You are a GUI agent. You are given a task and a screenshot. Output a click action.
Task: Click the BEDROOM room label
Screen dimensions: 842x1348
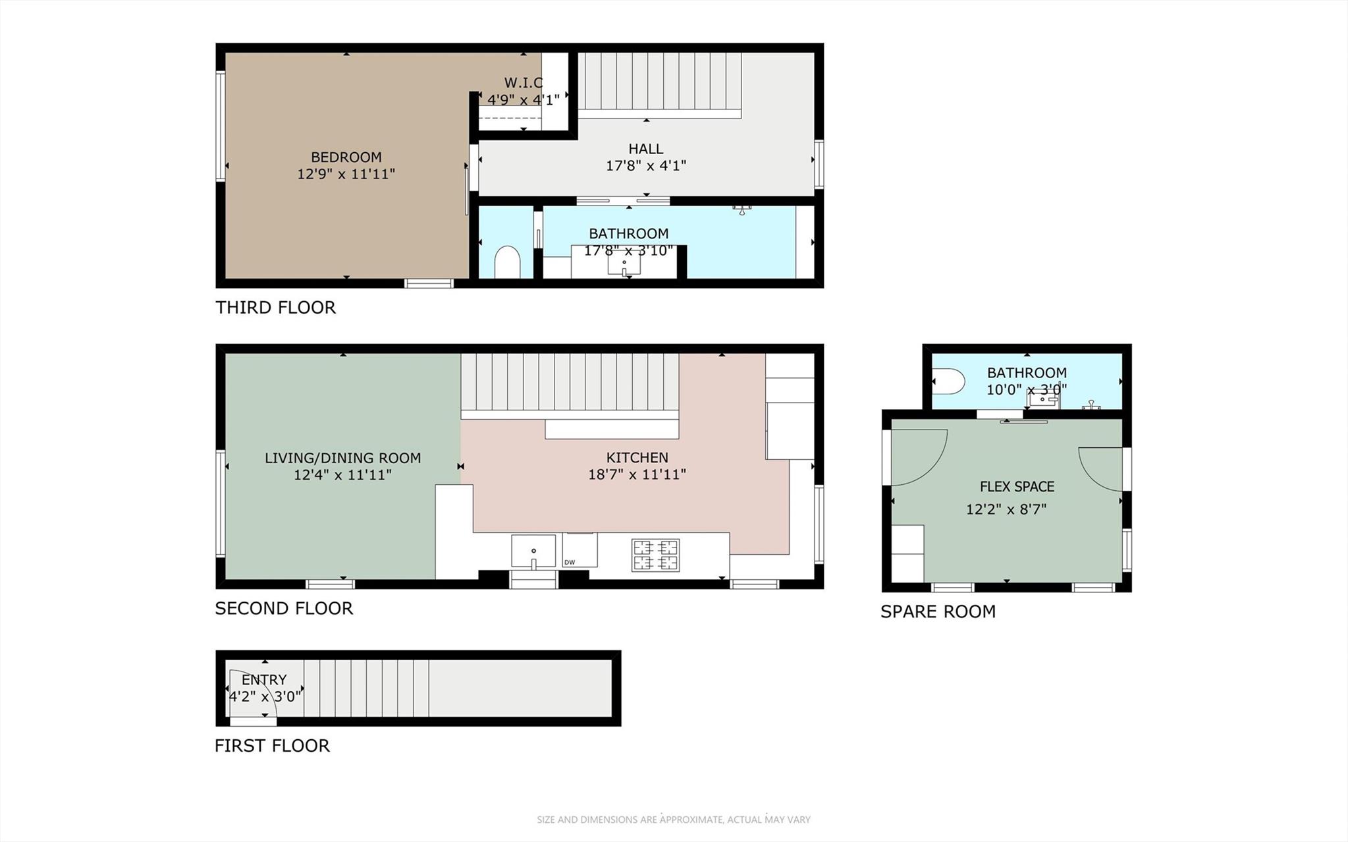pos(346,157)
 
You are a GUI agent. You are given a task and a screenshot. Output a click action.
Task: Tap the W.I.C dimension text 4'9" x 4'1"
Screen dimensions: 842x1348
pos(523,99)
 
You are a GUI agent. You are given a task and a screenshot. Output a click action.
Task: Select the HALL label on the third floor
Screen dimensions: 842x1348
pos(645,149)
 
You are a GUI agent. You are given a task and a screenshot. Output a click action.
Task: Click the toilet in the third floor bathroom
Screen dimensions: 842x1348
pos(506,263)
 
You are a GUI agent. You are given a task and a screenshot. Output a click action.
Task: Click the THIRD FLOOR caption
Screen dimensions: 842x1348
pos(275,307)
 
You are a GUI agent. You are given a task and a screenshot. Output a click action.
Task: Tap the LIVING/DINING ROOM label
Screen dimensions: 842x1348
pos(342,458)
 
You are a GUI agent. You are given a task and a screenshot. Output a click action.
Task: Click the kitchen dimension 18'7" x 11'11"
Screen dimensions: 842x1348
pos(637,474)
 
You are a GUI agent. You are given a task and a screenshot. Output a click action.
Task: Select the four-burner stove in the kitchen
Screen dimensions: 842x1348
pos(655,555)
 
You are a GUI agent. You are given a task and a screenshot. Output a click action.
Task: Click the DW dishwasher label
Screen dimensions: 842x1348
pos(570,562)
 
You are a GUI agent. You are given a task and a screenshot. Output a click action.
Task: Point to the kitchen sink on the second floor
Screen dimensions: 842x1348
pos(533,551)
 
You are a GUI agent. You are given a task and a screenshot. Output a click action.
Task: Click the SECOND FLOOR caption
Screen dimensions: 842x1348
pos(284,608)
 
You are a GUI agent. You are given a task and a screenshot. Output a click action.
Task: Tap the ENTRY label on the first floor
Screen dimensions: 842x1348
pos(264,680)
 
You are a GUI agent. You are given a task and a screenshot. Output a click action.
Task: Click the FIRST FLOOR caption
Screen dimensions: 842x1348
pos(272,745)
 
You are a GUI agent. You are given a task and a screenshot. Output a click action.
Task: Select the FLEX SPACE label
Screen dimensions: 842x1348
pos(1017,487)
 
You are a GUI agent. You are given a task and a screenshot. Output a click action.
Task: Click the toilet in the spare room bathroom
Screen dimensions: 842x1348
pos(948,381)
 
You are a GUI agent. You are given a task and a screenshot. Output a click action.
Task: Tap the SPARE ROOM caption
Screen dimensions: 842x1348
pos(938,611)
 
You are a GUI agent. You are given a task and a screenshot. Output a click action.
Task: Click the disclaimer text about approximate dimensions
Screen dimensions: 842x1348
pos(673,820)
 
